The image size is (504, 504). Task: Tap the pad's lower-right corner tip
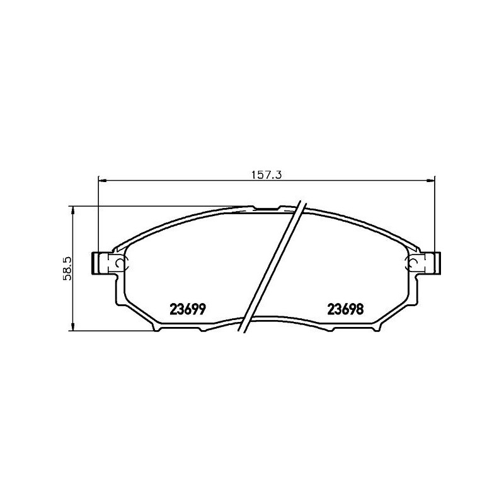[378, 328]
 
